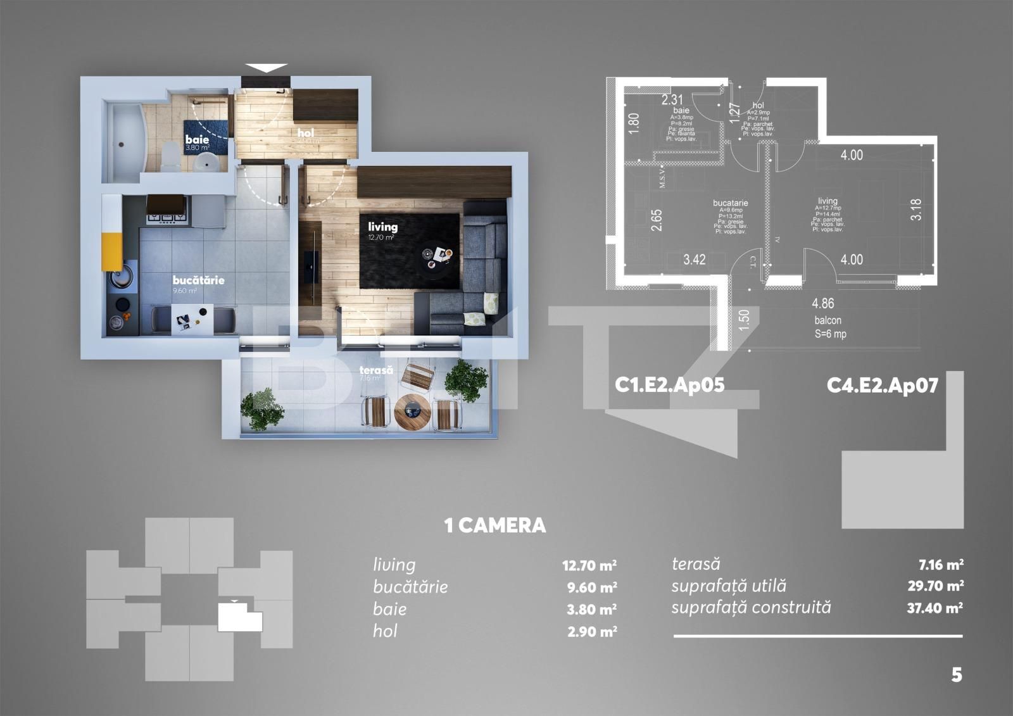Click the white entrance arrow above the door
coord(266,68)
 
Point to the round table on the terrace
coord(412,412)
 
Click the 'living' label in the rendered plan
coord(383,226)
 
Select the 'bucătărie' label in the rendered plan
coord(199,280)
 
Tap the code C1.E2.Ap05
coord(669,385)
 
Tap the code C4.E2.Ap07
coord(882,385)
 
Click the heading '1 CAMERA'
coord(495,525)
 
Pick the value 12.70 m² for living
coord(589,565)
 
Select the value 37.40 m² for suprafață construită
coord(935,608)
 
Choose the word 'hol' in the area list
coord(385,631)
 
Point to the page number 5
coord(956,675)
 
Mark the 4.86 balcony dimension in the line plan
coord(823,303)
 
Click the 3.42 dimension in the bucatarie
coord(695,260)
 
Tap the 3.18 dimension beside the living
coord(915,210)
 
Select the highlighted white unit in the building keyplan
coord(239,618)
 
